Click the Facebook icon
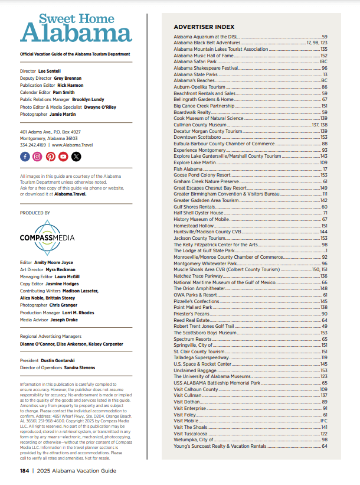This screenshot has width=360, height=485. [25, 157]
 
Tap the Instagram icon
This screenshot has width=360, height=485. [37, 157]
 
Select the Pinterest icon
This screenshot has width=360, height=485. [50, 157]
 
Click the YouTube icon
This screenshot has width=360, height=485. [63, 157]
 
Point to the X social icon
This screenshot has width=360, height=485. [76, 157]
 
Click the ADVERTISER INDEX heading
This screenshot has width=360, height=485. [204, 27]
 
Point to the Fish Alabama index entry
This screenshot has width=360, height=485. [188, 169]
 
